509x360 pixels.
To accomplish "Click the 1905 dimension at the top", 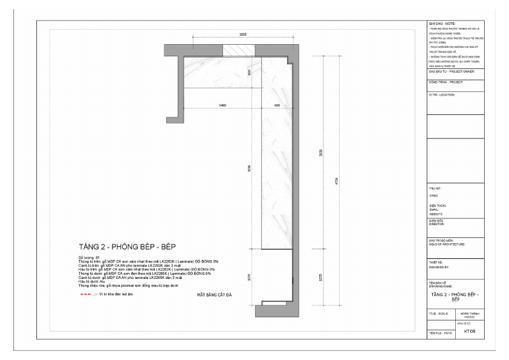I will pos(242,35).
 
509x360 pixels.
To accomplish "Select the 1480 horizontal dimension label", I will pos(222,105).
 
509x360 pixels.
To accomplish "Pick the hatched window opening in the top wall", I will pos(238,50).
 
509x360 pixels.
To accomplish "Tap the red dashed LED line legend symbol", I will pos(88,295).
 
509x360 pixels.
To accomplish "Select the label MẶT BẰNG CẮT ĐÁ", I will pos(215,295).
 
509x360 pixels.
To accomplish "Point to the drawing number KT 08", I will pos(468,331).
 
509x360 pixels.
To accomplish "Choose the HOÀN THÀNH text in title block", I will pos(469,313).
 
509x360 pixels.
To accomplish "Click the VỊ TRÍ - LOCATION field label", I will pos(441,95).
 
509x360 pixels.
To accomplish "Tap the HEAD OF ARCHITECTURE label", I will pos(447,244).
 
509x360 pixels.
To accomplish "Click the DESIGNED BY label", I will pos(439,266).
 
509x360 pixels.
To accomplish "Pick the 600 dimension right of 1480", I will pos(277,105).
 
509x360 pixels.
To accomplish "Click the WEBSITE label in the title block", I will pos(436,214).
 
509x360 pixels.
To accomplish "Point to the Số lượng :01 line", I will pos(89,257).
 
